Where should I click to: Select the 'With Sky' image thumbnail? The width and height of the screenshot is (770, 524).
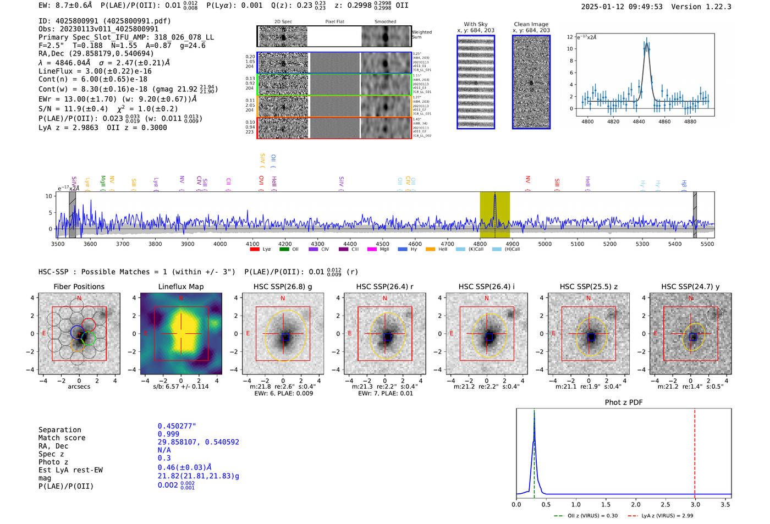point(476,82)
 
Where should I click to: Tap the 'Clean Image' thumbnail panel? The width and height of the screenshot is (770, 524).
point(531,82)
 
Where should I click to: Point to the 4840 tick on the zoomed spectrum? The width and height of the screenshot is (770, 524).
point(639,122)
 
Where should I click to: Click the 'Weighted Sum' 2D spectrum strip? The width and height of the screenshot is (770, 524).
point(334,37)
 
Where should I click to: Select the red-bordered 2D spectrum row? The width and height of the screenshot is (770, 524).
point(334,128)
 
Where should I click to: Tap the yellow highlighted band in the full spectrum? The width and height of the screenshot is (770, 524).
point(494,214)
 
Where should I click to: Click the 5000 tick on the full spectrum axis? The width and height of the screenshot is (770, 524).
point(544,244)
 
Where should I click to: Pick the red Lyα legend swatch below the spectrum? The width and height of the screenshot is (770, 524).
point(255,249)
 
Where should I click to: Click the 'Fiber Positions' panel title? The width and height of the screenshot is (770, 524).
point(79,286)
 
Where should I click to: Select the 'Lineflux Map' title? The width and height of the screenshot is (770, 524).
point(181,286)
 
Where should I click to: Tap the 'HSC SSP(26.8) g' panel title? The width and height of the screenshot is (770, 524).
point(283,286)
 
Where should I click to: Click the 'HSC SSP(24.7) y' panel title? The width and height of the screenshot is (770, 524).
point(690,286)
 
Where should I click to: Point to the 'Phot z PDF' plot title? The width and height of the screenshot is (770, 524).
point(624,402)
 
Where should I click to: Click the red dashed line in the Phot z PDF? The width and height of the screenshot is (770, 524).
point(695,451)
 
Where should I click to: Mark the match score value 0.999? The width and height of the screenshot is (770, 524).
point(168,434)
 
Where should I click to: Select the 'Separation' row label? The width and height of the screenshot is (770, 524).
point(60,430)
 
